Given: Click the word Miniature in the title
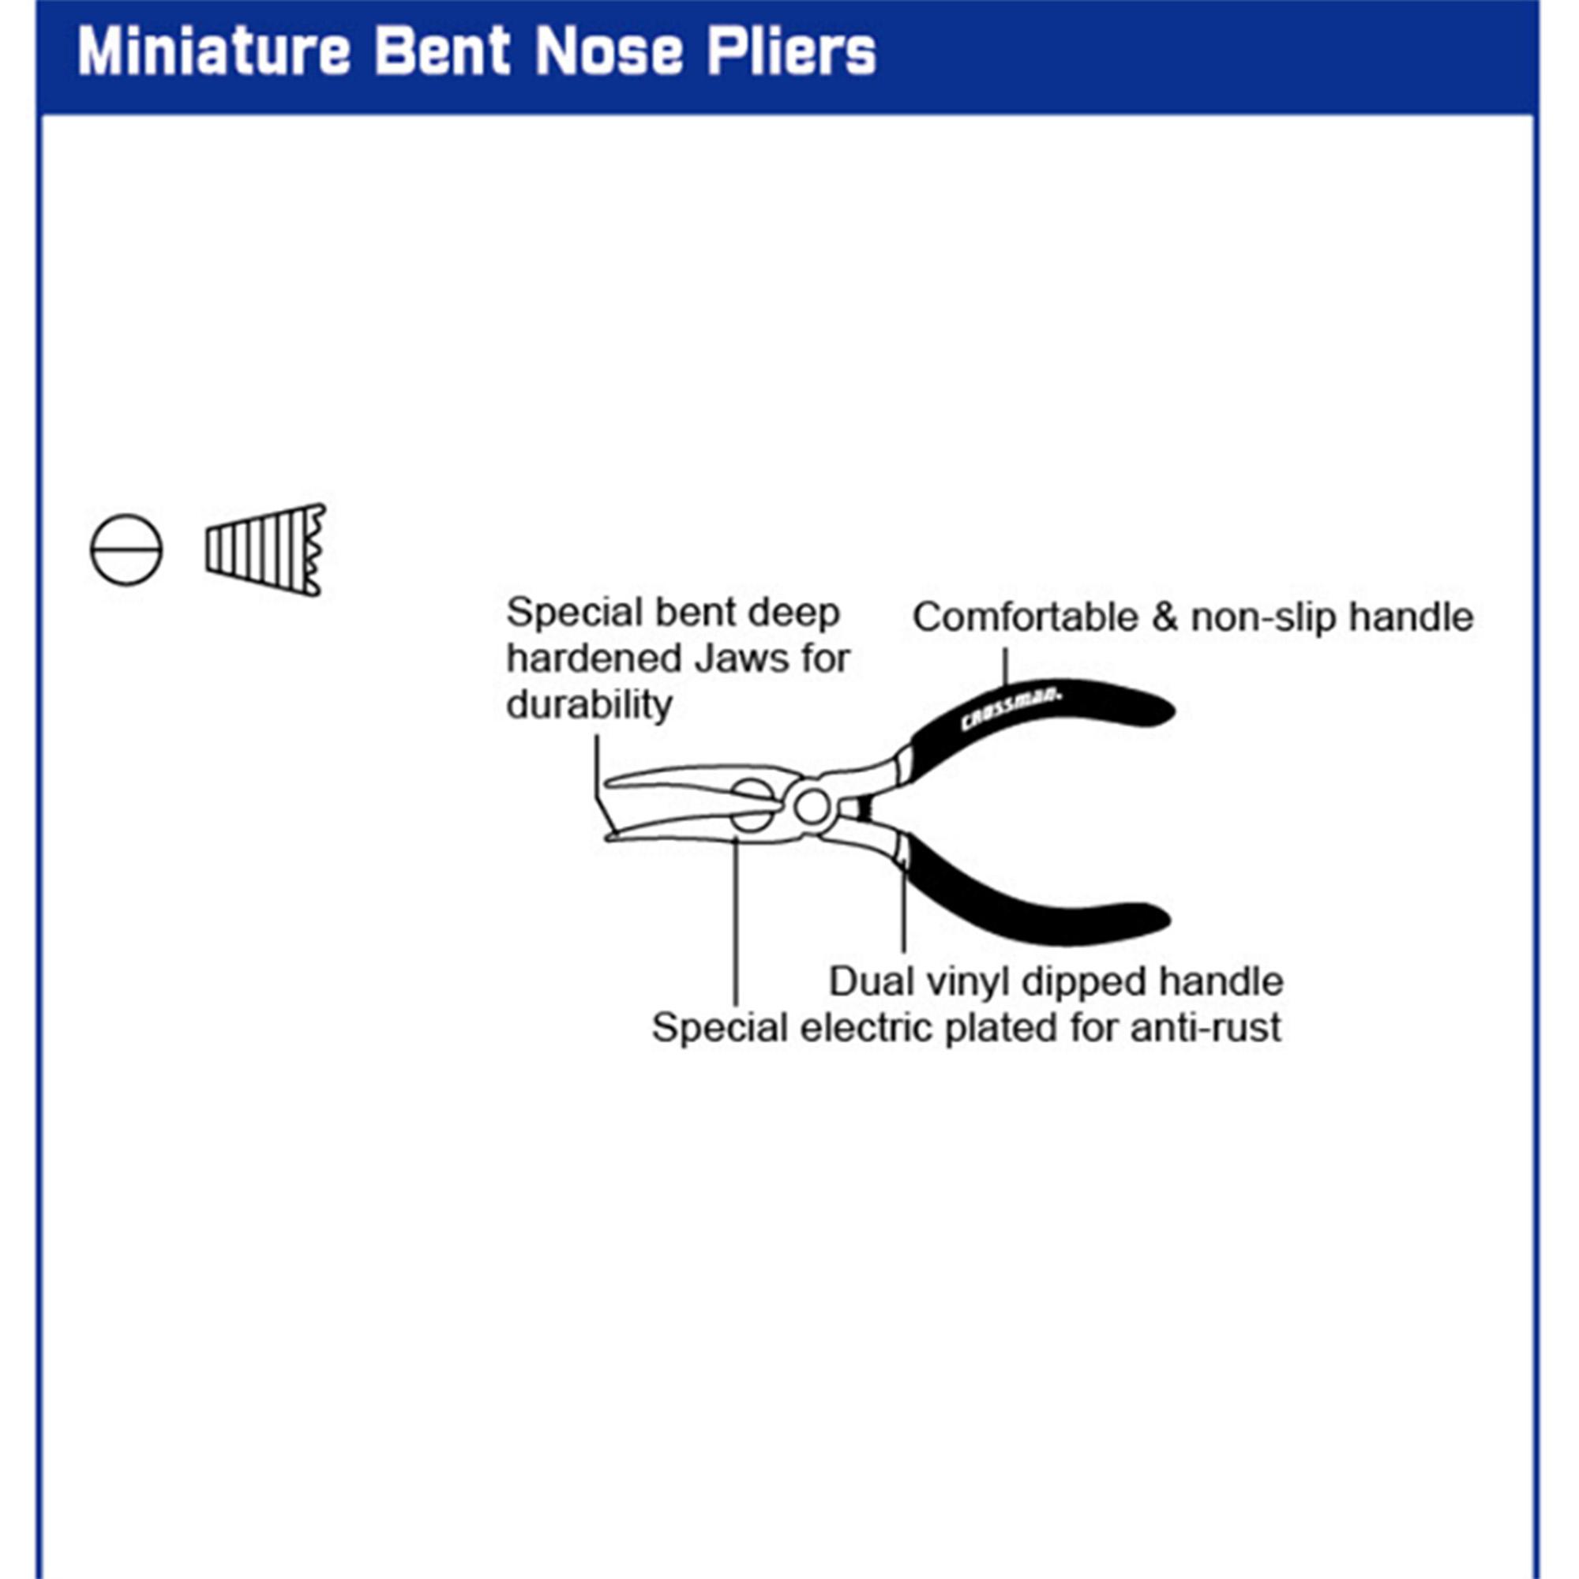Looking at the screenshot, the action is coord(213,51).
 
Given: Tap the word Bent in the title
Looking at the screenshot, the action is coord(442,51).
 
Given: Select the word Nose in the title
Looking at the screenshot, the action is coord(609,52).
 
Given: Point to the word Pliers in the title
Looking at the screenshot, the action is coord(791,51).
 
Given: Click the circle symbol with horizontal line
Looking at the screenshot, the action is coord(126,550).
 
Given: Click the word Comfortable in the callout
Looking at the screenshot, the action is coord(1025,618).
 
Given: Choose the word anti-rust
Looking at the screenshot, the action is coord(1206,1027).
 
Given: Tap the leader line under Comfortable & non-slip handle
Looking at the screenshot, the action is coord(1005,666).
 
